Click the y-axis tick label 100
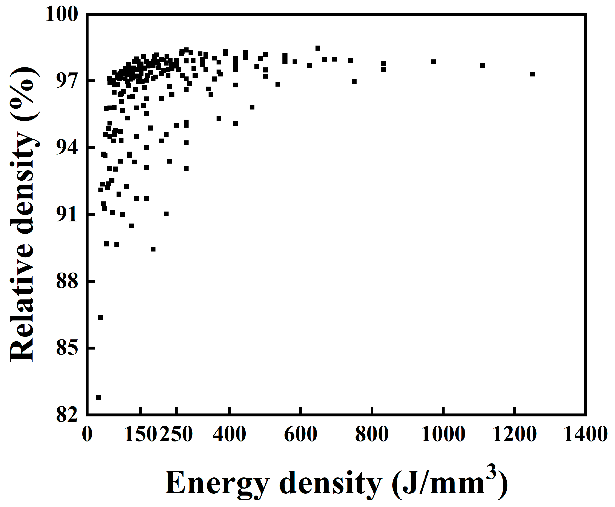(x=62, y=14)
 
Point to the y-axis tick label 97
(x=67, y=81)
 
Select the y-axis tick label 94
(x=67, y=148)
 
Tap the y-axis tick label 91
(x=67, y=215)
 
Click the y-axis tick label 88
(x=67, y=281)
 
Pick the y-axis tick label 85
(x=67, y=348)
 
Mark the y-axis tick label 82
(x=67, y=415)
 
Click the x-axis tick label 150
(x=141, y=434)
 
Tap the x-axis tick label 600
(x=301, y=434)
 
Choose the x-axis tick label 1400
(x=585, y=434)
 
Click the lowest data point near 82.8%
(x=98, y=398)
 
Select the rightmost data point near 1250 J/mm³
(x=532, y=74)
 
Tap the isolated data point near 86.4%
(x=101, y=318)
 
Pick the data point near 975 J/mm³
(x=433, y=62)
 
